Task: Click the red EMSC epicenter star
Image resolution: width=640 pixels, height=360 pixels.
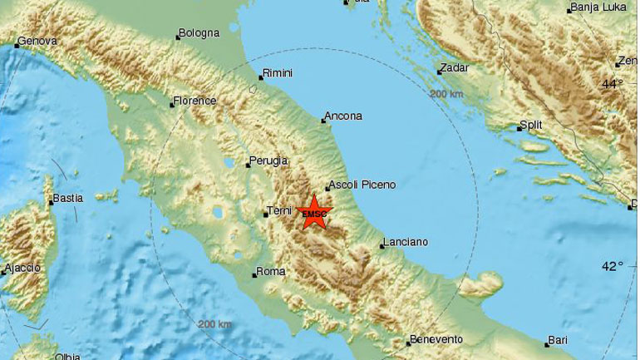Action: click(315, 212)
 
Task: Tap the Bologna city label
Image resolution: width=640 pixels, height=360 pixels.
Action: click(199, 33)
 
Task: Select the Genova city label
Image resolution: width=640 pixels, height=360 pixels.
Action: click(37, 40)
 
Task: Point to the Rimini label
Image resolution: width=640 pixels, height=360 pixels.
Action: click(278, 73)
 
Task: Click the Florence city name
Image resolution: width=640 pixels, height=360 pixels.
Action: click(194, 101)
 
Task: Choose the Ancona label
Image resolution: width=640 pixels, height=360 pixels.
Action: click(344, 116)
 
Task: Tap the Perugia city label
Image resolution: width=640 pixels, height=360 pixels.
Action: click(269, 160)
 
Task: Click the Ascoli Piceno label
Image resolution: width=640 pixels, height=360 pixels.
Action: click(363, 185)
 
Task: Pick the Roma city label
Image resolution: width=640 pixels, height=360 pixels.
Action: click(272, 271)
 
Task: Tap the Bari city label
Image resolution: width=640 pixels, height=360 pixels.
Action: click(558, 340)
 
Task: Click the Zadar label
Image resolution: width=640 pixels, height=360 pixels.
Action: click(456, 67)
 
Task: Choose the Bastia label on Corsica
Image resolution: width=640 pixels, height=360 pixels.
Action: click(67, 199)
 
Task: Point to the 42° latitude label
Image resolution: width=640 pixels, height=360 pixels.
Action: click(613, 266)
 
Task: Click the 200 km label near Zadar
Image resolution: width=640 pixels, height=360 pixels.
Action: click(446, 94)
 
